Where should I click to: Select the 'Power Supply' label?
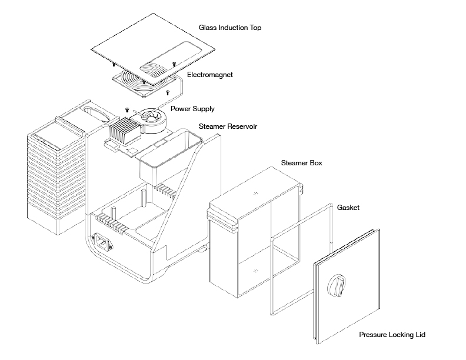(192, 109)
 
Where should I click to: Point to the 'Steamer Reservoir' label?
(228, 126)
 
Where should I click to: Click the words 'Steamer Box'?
(302, 162)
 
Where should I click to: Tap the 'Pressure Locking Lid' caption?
(391, 335)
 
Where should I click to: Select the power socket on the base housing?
(104, 241)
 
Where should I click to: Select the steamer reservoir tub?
(164, 156)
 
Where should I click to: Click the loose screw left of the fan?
(127, 109)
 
